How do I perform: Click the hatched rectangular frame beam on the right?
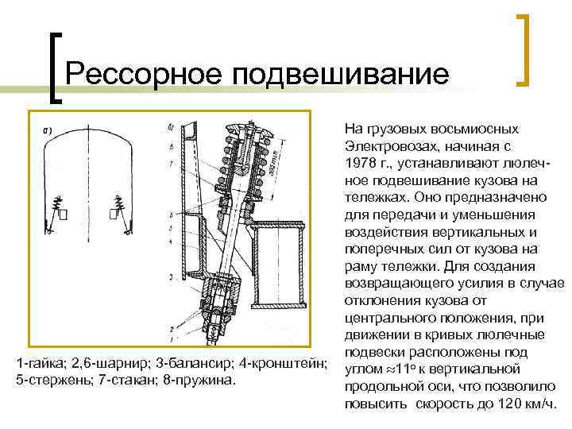point(279,267)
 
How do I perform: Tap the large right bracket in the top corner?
point(524,49)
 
